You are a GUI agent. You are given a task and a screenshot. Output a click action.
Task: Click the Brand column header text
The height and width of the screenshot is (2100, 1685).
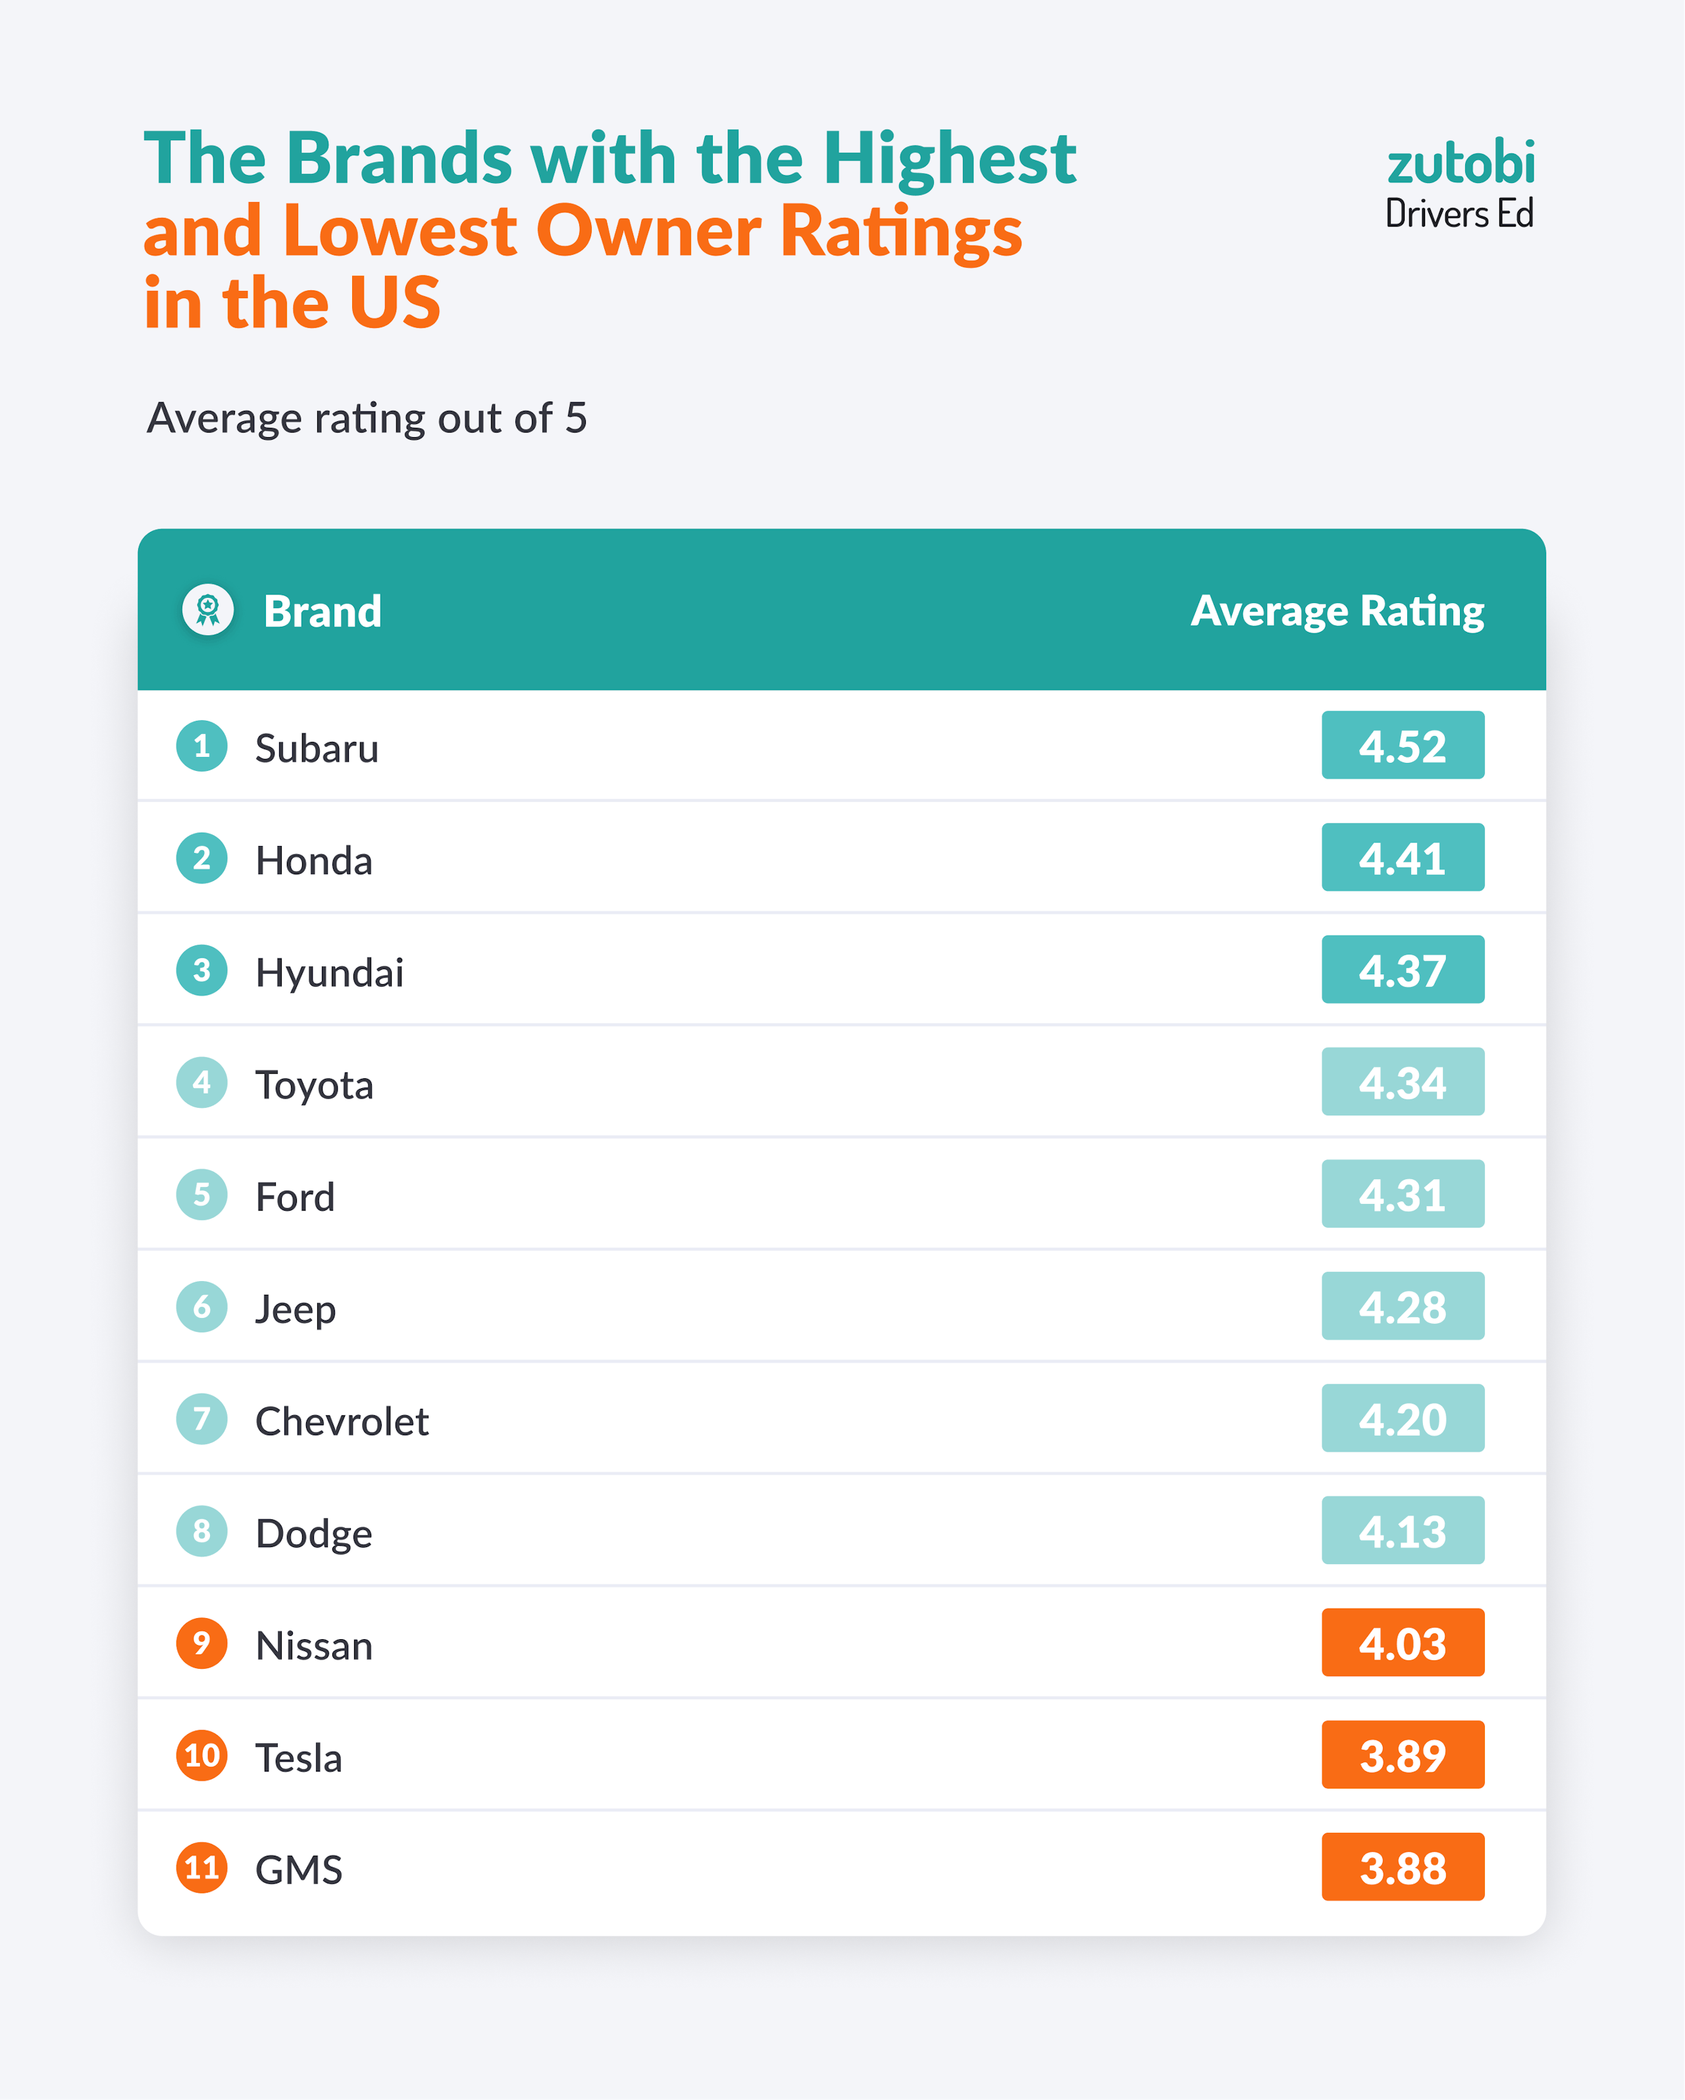(323, 612)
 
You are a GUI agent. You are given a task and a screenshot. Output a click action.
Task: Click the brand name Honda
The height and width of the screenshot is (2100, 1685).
(313, 860)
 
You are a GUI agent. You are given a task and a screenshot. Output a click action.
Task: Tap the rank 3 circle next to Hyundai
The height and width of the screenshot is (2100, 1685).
(201, 970)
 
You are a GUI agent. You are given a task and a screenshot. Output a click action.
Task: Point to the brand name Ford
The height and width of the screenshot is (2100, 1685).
(295, 1196)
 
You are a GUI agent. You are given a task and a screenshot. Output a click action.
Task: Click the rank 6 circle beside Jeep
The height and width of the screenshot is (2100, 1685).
(201, 1306)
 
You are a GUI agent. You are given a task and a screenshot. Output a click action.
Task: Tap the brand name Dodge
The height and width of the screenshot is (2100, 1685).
(313, 1533)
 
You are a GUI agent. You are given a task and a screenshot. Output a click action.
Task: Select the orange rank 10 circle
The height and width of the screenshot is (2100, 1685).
(201, 1755)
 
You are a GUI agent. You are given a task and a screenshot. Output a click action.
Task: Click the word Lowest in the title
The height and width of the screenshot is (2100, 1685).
(400, 231)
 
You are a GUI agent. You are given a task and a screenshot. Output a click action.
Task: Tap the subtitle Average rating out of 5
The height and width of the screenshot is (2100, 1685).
(366, 418)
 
